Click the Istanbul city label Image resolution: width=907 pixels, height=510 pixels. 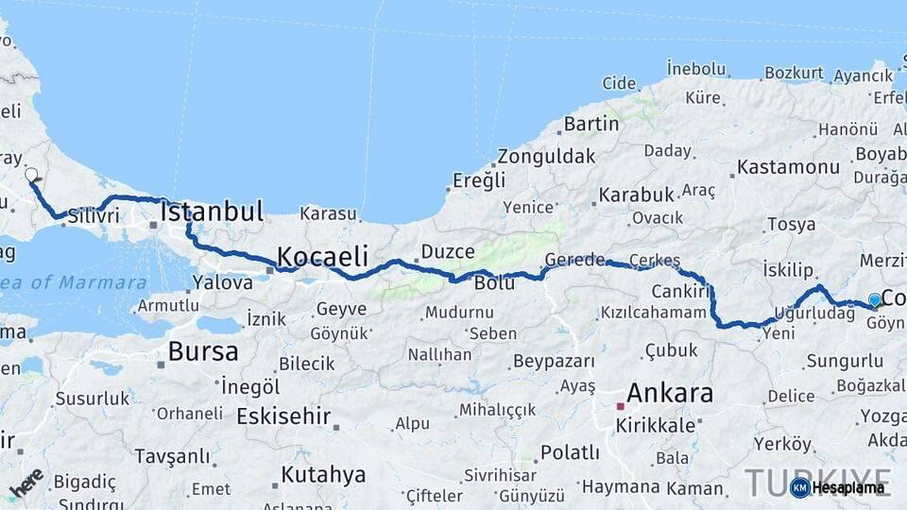(x=212, y=212)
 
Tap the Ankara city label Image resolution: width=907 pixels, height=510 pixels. (x=670, y=393)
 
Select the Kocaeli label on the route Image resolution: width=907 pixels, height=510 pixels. (x=322, y=256)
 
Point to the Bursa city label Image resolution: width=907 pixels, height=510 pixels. (x=203, y=352)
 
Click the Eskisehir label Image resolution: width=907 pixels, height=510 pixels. (x=283, y=416)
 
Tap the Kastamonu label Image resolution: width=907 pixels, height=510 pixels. (x=788, y=167)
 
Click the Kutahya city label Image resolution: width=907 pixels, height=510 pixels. (x=323, y=474)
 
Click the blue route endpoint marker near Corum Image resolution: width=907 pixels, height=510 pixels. (x=875, y=300)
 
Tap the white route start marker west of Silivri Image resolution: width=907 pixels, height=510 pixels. (x=31, y=175)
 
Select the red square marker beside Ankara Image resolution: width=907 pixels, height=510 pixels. (x=621, y=407)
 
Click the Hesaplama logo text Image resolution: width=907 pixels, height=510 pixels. (x=848, y=487)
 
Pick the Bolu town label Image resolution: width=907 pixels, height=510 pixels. (x=494, y=283)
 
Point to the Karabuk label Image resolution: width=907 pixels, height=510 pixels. (x=635, y=195)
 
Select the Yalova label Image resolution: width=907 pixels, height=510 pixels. (x=222, y=281)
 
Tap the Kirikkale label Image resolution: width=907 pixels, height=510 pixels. (x=656, y=425)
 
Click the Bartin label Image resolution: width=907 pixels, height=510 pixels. (x=591, y=124)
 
